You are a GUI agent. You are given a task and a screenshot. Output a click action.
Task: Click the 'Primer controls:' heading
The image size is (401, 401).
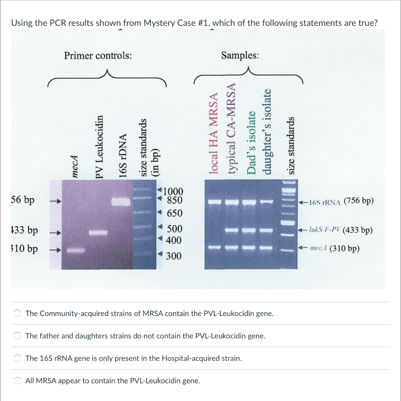pos(98,56)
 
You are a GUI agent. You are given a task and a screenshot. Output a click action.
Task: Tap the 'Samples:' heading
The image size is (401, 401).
pos(240,55)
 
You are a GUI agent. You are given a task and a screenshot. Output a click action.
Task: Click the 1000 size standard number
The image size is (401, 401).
pos(172,191)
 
